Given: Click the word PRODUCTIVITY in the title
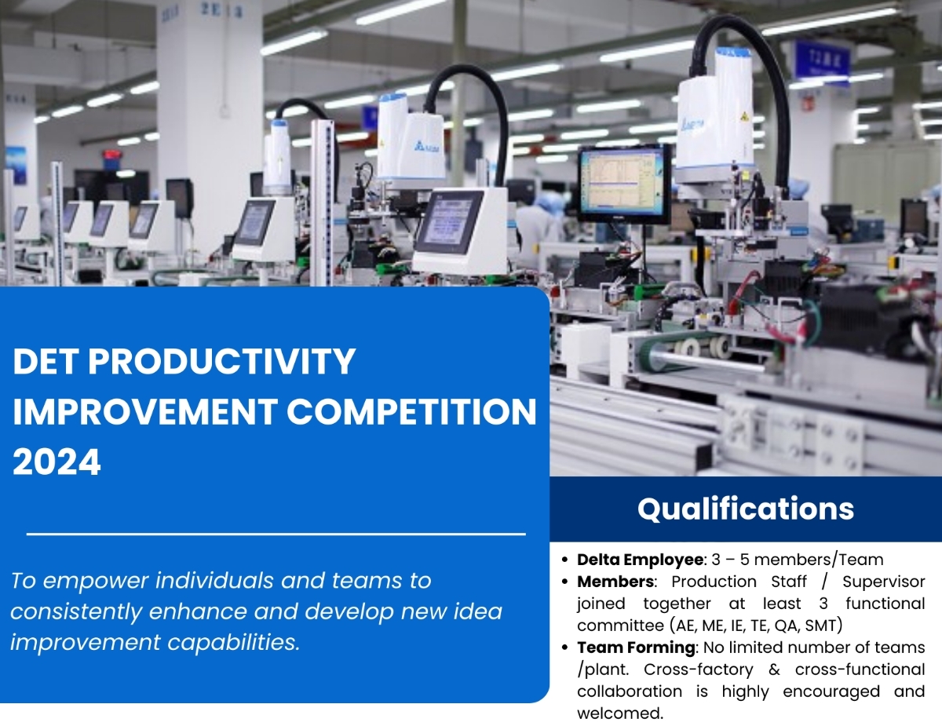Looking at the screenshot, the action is point(221,362).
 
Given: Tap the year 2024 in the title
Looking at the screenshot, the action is point(57,462).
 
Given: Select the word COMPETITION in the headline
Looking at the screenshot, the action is point(411,412).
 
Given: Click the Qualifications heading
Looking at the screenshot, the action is point(746,509).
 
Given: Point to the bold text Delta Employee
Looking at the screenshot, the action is point(641,560).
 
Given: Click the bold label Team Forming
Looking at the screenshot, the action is point(637,648).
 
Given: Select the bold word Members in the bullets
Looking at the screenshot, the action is point(615,582).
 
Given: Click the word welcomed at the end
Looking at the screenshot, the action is point(620,713).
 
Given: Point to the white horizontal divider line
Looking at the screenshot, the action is point(276,534).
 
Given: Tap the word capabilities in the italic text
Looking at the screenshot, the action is point(234,642).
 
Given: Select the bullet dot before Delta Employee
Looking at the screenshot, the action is point(564,560).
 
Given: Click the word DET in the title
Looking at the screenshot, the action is point(46,362).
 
